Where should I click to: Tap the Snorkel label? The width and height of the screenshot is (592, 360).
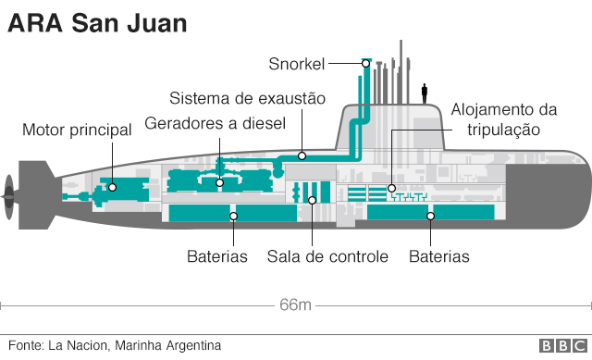[x=296, y=63]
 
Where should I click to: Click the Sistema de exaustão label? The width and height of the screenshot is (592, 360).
[x=248, y=99]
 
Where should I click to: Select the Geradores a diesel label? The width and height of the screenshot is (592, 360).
[x=216, y=124]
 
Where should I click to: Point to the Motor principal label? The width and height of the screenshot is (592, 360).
[x=77, y=130]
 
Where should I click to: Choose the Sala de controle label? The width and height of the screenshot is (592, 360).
[x=327, y=255]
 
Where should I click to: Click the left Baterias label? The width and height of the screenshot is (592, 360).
[x=216, y=255]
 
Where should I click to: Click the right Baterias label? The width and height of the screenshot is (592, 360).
[x=438, y=255]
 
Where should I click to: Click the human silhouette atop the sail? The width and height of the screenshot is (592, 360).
[x=425, y=93]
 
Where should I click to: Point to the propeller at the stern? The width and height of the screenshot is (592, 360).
[x=9, y=192]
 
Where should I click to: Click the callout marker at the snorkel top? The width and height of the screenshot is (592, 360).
[x=365, y=63]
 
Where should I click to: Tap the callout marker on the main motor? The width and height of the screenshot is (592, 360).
[x=112, y=186]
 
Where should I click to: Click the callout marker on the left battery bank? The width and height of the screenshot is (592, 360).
[x=234, y=217]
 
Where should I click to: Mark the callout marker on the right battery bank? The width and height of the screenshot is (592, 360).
[x=430, y=217]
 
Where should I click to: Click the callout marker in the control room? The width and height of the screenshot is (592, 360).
[x=312, y=200]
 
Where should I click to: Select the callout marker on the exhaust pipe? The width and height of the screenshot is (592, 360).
[x=302, y=156]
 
